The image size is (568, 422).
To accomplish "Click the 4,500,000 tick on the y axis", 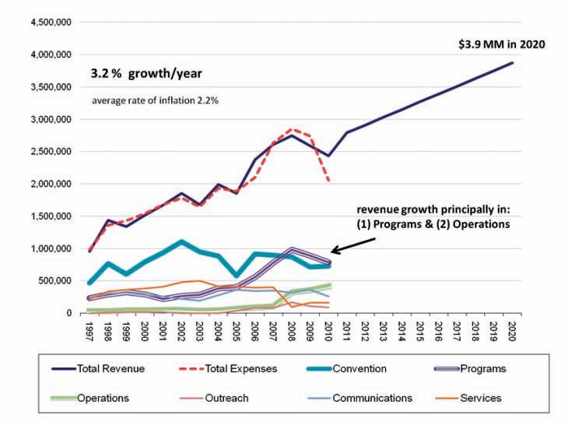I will point(51,23).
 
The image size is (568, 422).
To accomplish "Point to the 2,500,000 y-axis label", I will point(51,152).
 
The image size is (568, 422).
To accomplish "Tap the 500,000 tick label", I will point(56,281).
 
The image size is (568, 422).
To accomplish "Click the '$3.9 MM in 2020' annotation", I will point(501,45).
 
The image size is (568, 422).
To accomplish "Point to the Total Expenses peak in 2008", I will point(293,129).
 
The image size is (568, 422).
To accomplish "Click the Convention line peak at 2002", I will point(181,241).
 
